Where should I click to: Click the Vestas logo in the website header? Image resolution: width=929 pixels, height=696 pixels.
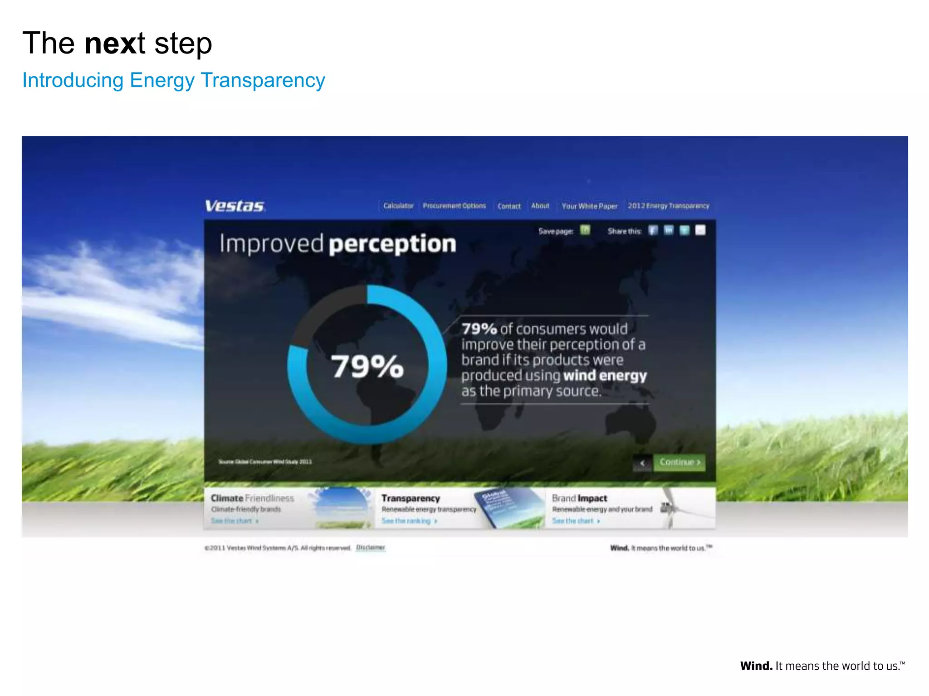coord(235,206)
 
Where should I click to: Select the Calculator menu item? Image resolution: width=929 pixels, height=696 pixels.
coord(398,206)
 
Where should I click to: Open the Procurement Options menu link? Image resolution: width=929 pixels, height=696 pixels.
coord(454,206)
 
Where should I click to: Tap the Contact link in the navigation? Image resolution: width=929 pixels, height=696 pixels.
coord(509,206)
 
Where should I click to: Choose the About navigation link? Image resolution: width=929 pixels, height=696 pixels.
coord(540,206)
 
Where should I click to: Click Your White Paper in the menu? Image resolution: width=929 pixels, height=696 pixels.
coord(589,206)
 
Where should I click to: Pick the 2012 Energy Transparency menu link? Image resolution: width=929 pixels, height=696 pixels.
coord(668,206)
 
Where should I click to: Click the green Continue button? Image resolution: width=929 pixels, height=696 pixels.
coord(680,462)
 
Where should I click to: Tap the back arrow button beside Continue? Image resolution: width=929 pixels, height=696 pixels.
coord(642,463)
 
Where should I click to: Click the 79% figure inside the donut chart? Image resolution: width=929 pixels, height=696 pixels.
coord(367,366)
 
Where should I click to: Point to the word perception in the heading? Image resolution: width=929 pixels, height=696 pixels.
coord(392,244)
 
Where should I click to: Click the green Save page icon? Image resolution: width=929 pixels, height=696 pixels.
coord(585,230)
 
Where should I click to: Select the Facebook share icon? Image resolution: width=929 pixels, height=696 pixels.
coord(653,230)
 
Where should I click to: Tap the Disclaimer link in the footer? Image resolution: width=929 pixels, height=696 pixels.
coord(371,547)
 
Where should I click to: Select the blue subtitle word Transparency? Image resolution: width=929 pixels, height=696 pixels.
coord(263,80)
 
